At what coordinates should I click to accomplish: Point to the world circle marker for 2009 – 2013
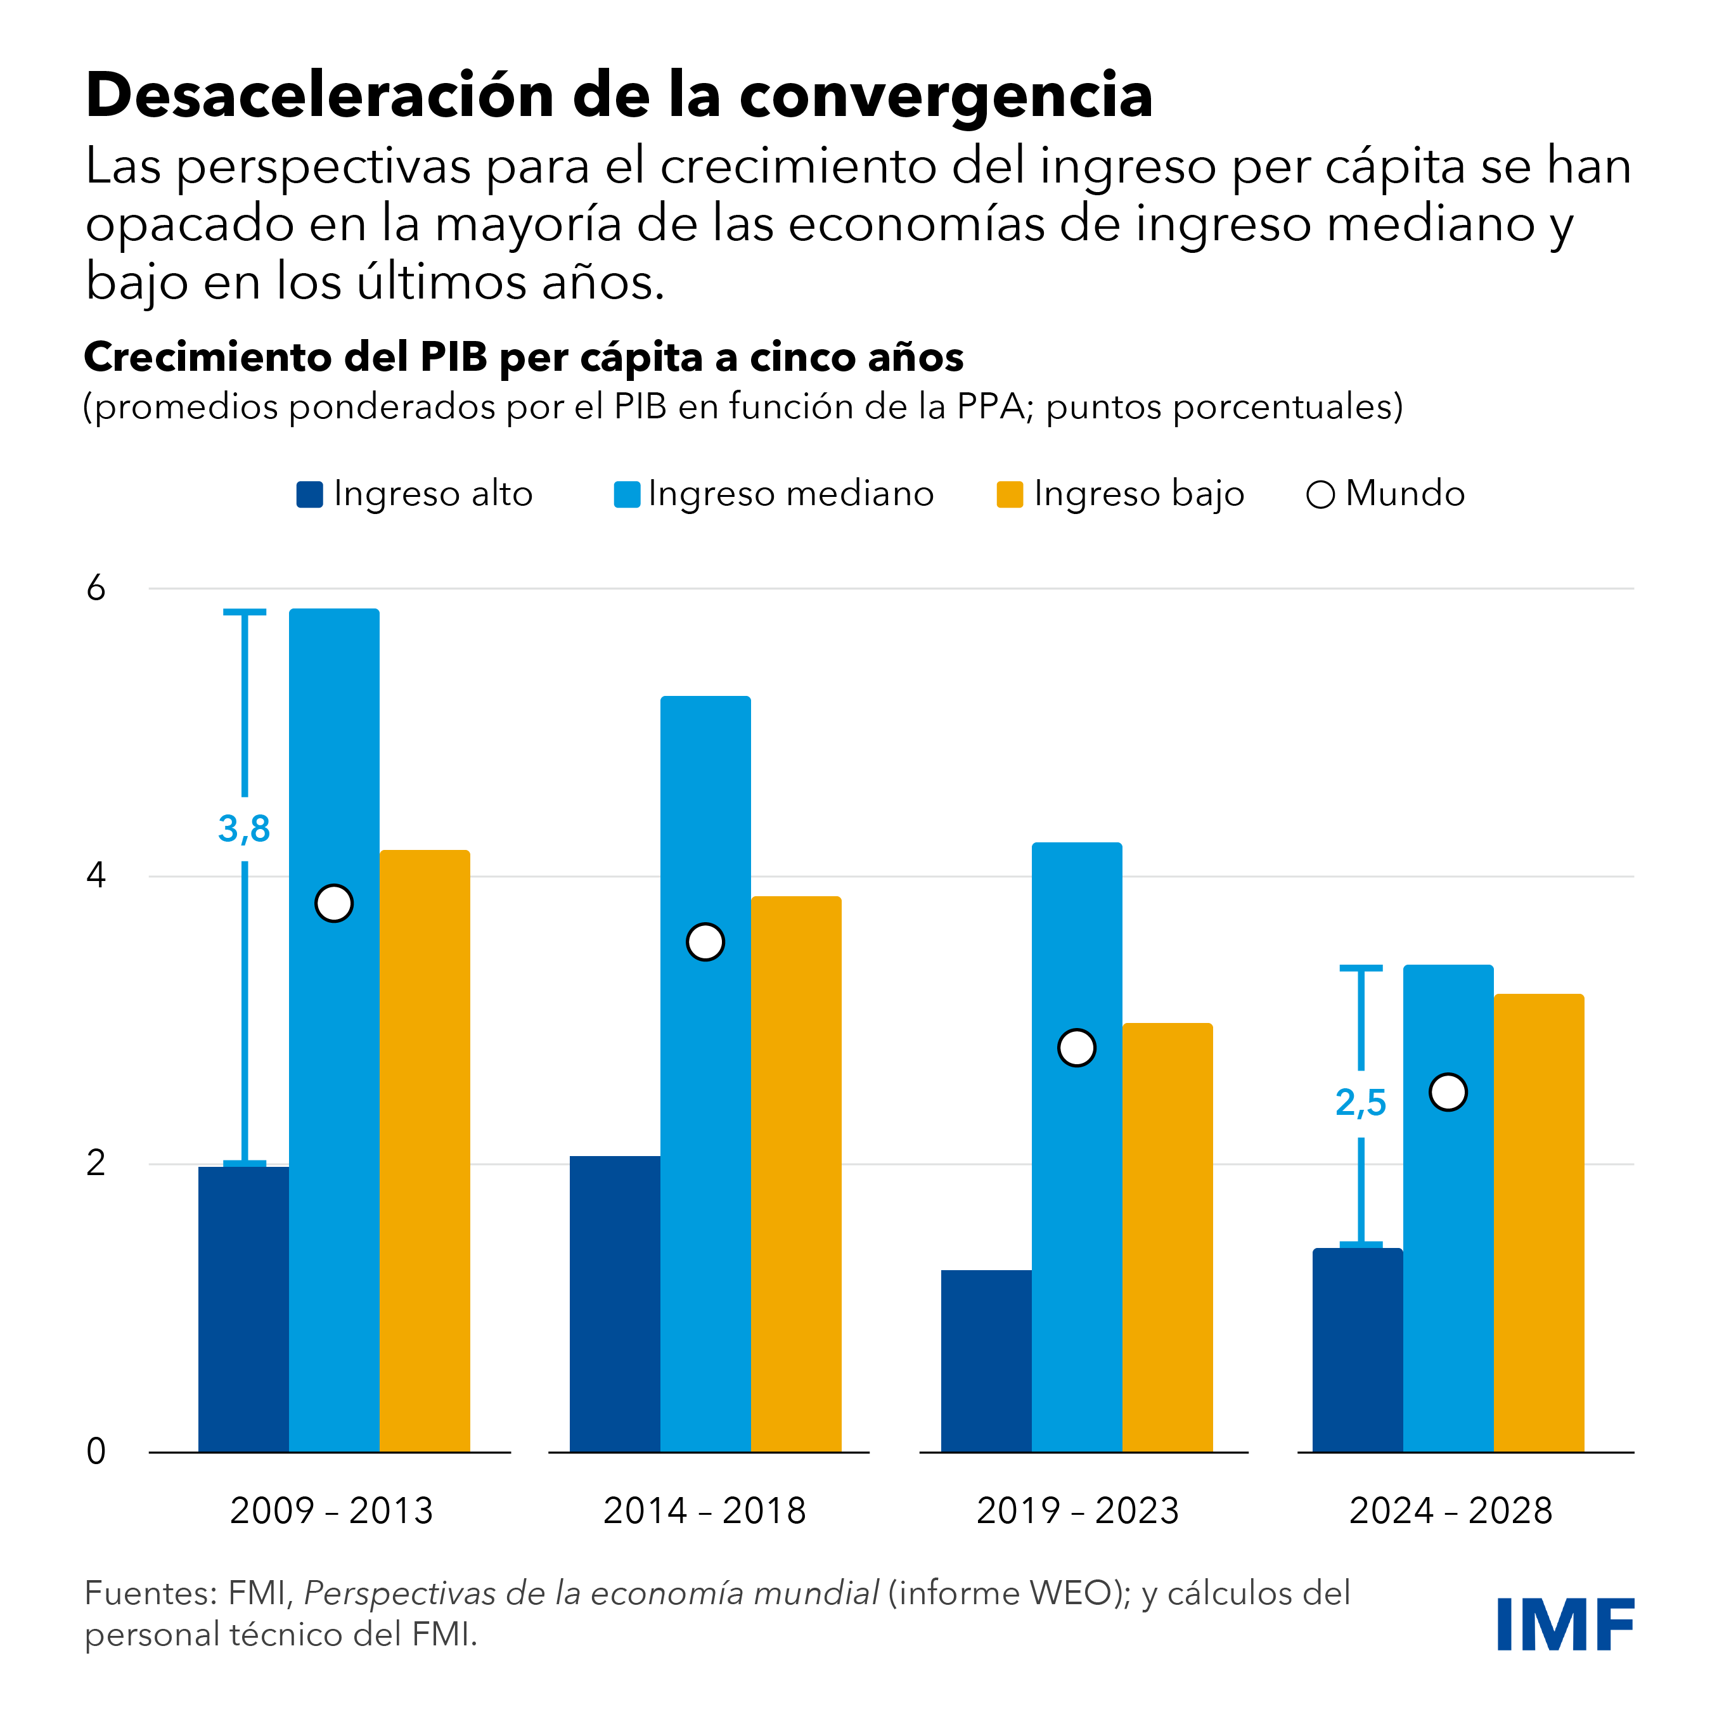coord(334,903)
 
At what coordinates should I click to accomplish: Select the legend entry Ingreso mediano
coord(774,494)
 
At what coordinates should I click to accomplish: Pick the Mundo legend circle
coord(1321,495)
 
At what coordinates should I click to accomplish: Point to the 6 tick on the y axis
coord(96,588)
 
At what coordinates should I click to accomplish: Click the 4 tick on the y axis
coord(96,877)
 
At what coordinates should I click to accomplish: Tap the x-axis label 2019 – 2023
coord(1077,1511)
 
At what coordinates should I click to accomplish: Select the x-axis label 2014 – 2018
coord(705,1511)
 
